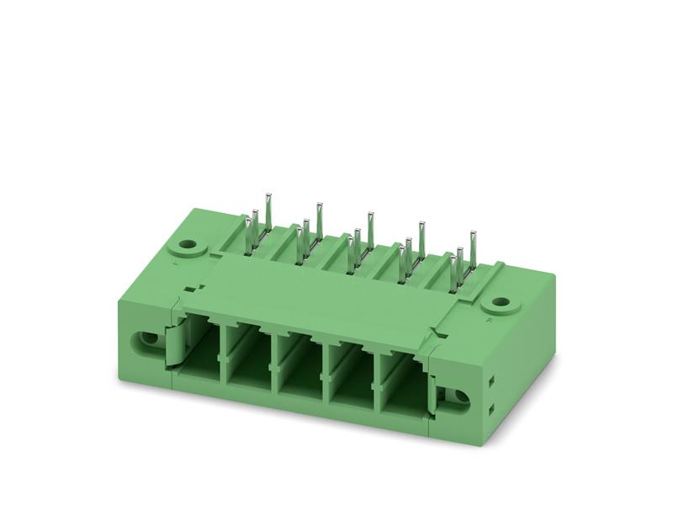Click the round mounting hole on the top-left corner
185,248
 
